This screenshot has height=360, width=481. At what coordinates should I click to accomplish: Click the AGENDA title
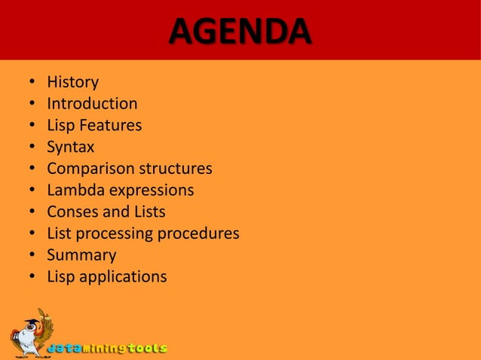(239, 31)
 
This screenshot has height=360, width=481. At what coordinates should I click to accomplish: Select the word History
(72, 81)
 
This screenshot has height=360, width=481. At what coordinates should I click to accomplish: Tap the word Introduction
(92, 103)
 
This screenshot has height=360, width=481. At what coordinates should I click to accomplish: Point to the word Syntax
(70, 147)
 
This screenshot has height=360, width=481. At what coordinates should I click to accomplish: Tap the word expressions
(152, 190)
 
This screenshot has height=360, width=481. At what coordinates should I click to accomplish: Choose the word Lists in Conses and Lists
(149, 212)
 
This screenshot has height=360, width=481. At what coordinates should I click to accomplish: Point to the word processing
(108, 233)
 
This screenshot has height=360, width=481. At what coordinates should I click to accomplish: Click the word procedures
(198, 233)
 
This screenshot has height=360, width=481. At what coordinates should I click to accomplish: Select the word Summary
(81, 255)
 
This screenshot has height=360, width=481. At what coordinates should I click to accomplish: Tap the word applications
(123, 277)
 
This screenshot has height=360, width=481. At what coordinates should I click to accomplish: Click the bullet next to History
(31, 82)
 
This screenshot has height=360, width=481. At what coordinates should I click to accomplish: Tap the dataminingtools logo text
(107, 348)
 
